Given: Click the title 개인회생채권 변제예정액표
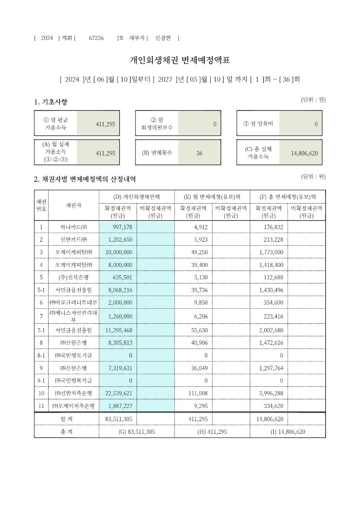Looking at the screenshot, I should click(180, 60).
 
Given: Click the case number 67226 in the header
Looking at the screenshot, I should click(96, 38).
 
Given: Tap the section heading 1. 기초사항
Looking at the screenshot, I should click(51, 102).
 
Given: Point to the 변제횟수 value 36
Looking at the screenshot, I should click(199, 153).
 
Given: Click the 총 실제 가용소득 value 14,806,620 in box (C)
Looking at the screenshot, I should click(304, 153).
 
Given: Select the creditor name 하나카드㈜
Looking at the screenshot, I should click(73, 227).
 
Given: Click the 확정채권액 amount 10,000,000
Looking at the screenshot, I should click(117, 252).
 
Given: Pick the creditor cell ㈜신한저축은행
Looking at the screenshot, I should click(73, 393).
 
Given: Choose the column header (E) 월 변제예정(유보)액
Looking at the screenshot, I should click(212, 196).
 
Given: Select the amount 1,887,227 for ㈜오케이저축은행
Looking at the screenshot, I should click(117, 405).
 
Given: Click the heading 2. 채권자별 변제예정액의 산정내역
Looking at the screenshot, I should click(85, 179).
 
